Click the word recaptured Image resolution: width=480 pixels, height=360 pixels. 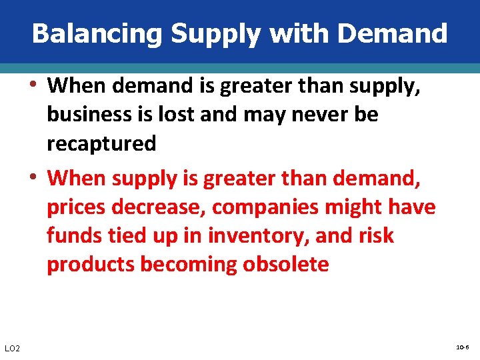tap(101, 143)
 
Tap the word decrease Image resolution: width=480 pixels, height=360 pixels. tap(157, 207)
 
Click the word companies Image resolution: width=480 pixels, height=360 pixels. tap(265, 207)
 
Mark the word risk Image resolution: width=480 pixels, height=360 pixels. tap(376, 235)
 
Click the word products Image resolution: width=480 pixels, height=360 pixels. tap(91, 265)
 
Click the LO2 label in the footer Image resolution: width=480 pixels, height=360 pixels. tap(12, 349)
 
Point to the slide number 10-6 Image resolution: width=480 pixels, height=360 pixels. tap(463, 348)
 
